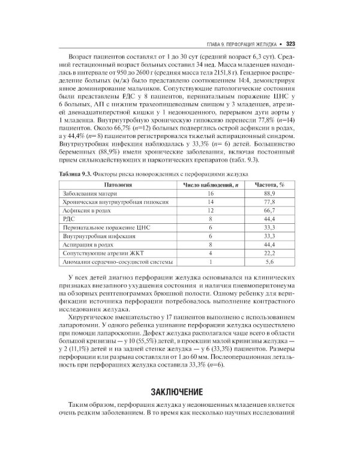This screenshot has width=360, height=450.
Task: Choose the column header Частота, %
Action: tap(269, 185)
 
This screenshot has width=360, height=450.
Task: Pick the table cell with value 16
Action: tap(211, 194)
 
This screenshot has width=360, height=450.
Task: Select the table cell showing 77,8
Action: tap(269, 203)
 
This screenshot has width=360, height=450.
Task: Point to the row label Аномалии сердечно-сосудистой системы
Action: tap(114, 262)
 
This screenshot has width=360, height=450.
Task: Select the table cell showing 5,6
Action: tap(269, 262)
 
